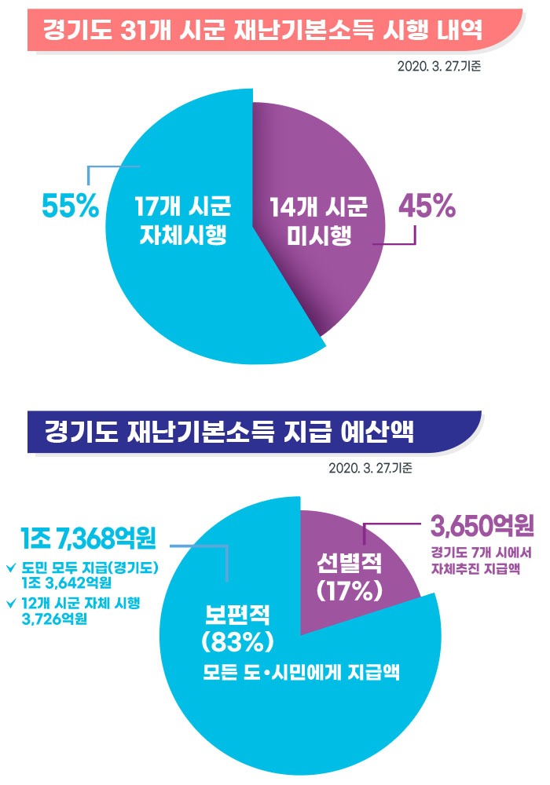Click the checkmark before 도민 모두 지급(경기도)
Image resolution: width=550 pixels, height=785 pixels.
[11, 568]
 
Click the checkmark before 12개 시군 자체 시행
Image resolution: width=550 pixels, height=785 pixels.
[11, 603]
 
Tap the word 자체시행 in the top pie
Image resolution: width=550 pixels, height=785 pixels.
[181, 235]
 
